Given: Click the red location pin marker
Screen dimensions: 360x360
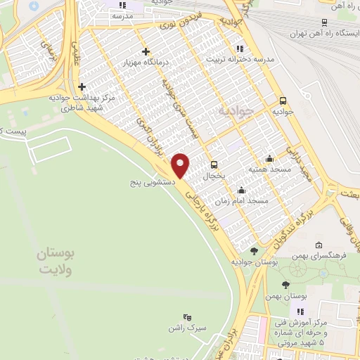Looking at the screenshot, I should tap(181, 165).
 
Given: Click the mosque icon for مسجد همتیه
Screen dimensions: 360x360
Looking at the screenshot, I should tap(269, 159).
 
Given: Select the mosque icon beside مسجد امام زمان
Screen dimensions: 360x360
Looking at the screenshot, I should tap(242, 190).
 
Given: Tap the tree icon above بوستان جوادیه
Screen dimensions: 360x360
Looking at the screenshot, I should tap(253, 250).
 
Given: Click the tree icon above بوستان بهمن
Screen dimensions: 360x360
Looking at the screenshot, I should tap(285, 285).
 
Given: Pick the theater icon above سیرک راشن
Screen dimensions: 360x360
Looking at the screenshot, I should tap(186, 317).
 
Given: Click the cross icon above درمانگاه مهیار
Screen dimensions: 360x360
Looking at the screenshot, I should tap(146, 51).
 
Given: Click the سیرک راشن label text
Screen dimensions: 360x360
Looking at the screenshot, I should tap(185, 328).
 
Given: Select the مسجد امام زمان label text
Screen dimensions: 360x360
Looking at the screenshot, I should tap(243, 200).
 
